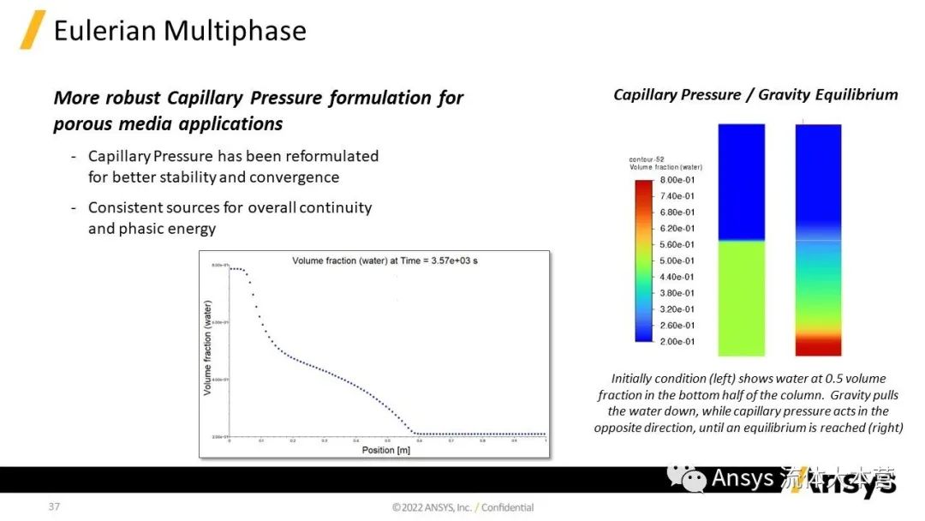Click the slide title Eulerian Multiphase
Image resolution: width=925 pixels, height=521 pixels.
coord(180,31)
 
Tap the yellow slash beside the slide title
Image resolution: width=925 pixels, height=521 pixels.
coord(33,30)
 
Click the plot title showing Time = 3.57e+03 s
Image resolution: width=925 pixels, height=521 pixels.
coord(385,260)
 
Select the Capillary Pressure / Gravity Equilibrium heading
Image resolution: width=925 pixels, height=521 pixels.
coord(755,94)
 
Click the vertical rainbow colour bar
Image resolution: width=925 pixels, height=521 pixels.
coord(643,260)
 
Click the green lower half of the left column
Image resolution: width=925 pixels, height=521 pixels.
coord(741,298)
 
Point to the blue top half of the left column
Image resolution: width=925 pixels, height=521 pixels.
coord(741,182)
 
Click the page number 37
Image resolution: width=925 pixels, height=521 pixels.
coord(54,506)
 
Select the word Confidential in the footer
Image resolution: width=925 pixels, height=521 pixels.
coord(507,507)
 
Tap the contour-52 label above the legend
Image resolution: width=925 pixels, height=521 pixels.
coord(644,160)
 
